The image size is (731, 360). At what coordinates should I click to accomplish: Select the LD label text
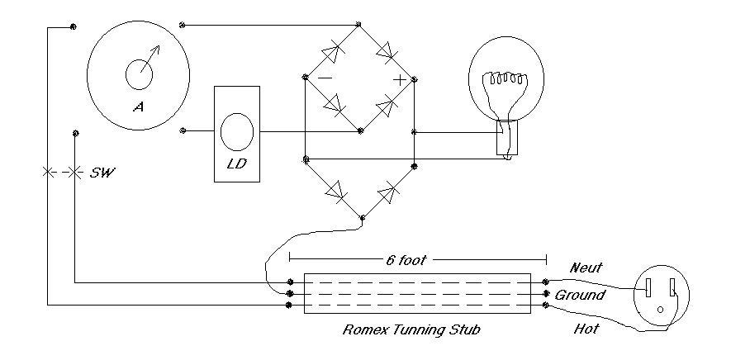click(235, 163)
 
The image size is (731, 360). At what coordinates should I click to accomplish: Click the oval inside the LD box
click(237, 131)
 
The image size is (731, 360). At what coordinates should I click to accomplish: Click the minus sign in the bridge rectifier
click(325, 78)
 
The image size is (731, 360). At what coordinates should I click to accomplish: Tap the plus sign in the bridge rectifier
click(400, 79)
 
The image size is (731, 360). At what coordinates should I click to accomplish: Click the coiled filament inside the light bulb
click(506, 79)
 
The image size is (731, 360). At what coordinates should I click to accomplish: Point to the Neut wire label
click(585, 268)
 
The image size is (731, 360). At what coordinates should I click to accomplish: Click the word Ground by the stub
click(580, 295)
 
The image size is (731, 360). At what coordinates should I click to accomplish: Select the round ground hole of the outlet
click(660, 310)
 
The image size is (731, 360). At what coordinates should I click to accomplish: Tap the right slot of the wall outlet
click(672, 288)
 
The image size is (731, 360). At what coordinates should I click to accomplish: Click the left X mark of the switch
click(46, 172)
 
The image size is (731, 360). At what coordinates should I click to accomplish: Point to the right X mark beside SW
click(75, 172)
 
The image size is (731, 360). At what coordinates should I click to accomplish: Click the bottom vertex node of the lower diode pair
click(362, 218)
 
